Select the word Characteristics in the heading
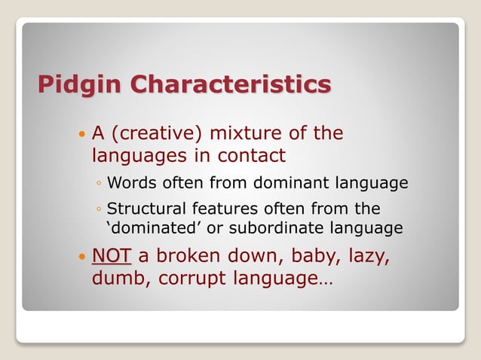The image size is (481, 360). point(231,84)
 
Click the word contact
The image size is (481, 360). point(252,156)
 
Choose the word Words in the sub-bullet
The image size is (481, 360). point(130,183)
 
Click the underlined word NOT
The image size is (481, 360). point(111,255)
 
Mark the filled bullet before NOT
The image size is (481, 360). point(81,257)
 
